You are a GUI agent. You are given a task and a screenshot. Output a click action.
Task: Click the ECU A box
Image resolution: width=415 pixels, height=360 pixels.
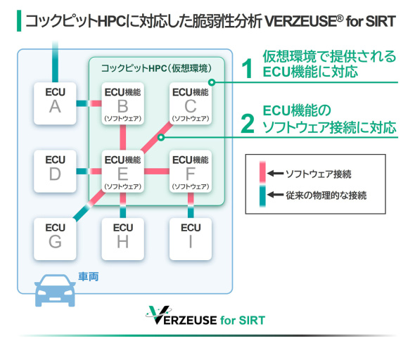54,103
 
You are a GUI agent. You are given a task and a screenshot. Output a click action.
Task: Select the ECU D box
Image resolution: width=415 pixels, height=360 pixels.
54,169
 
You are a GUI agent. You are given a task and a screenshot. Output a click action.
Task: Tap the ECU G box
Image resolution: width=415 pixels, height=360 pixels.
54,237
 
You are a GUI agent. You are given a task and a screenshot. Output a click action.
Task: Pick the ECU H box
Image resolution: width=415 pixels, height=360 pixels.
122,237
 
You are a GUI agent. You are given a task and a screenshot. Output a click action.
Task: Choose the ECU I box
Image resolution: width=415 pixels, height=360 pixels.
190,237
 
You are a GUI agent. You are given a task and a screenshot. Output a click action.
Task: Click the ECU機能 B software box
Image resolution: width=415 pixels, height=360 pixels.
122,103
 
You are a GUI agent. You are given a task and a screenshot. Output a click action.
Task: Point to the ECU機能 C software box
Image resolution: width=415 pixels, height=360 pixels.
190,103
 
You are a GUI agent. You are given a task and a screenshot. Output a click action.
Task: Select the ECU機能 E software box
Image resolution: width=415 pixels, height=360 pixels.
122,169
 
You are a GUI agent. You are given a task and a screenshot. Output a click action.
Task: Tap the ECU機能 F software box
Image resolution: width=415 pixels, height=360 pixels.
190,169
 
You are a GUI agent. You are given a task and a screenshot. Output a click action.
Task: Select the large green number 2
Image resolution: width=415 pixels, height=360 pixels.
246,123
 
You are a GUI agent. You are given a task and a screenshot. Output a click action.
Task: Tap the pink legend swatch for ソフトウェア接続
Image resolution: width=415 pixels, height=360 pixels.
261,172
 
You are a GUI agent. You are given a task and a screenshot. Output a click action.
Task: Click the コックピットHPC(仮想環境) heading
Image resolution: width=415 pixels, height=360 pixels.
156,68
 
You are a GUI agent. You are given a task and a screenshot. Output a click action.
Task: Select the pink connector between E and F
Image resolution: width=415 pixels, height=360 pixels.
156,169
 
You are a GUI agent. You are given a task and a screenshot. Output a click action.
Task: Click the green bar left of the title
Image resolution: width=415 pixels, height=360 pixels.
18,20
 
